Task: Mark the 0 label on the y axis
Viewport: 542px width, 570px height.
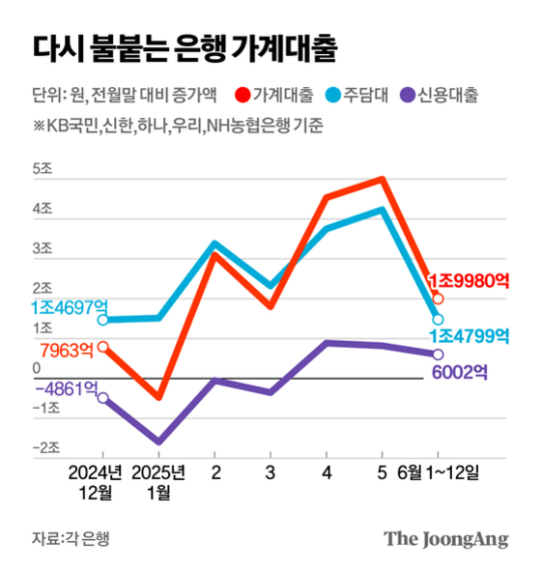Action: [x=36, y=369]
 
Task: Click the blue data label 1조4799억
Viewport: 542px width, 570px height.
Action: [x=469, y=336]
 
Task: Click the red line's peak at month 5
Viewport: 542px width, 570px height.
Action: [x=384, y=179]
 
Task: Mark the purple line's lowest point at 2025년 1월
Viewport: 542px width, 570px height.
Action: [x=157, y=442]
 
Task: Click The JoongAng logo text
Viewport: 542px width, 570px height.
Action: [x=445, y=538]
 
